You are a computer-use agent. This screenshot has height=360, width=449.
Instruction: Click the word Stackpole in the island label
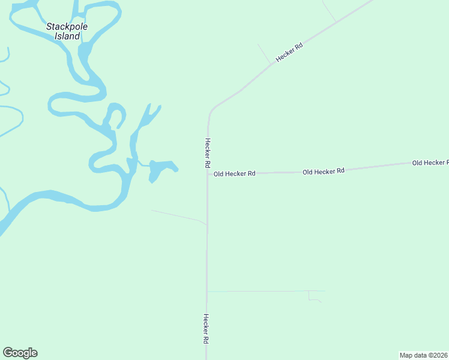point(63,27)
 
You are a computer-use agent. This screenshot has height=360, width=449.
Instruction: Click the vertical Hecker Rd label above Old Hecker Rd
point(207,153)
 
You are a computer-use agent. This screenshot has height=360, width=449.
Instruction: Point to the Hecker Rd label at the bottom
point(206,328)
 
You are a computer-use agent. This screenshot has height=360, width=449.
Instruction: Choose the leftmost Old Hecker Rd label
point(235,173)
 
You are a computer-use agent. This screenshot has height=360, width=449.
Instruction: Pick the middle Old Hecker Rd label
point(323,171)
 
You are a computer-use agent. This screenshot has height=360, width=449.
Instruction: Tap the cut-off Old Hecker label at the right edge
point(430,163)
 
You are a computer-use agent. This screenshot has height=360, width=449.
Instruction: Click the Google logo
point(20,353)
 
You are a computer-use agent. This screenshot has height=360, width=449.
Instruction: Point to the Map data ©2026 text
point(424,355)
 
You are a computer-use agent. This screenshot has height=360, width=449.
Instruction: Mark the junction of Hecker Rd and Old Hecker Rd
point(208,174)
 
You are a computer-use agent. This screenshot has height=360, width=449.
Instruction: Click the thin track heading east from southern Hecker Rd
point(258,292)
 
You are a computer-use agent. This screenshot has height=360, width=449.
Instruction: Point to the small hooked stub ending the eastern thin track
point(312,298)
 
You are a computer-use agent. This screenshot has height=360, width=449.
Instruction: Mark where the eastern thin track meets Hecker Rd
point(207,292)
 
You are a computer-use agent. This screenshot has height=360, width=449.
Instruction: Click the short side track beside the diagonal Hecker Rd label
point(264,53)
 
